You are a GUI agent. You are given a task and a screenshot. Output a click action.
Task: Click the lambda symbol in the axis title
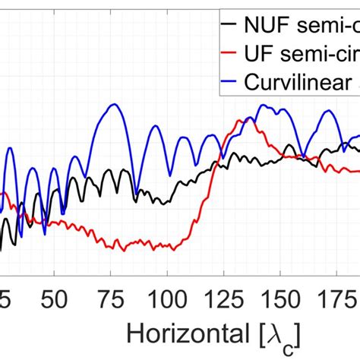coord(283,333)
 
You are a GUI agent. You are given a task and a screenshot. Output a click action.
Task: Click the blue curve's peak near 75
coord(113,104)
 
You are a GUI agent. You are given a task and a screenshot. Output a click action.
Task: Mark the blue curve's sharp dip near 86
coord(135,194)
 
